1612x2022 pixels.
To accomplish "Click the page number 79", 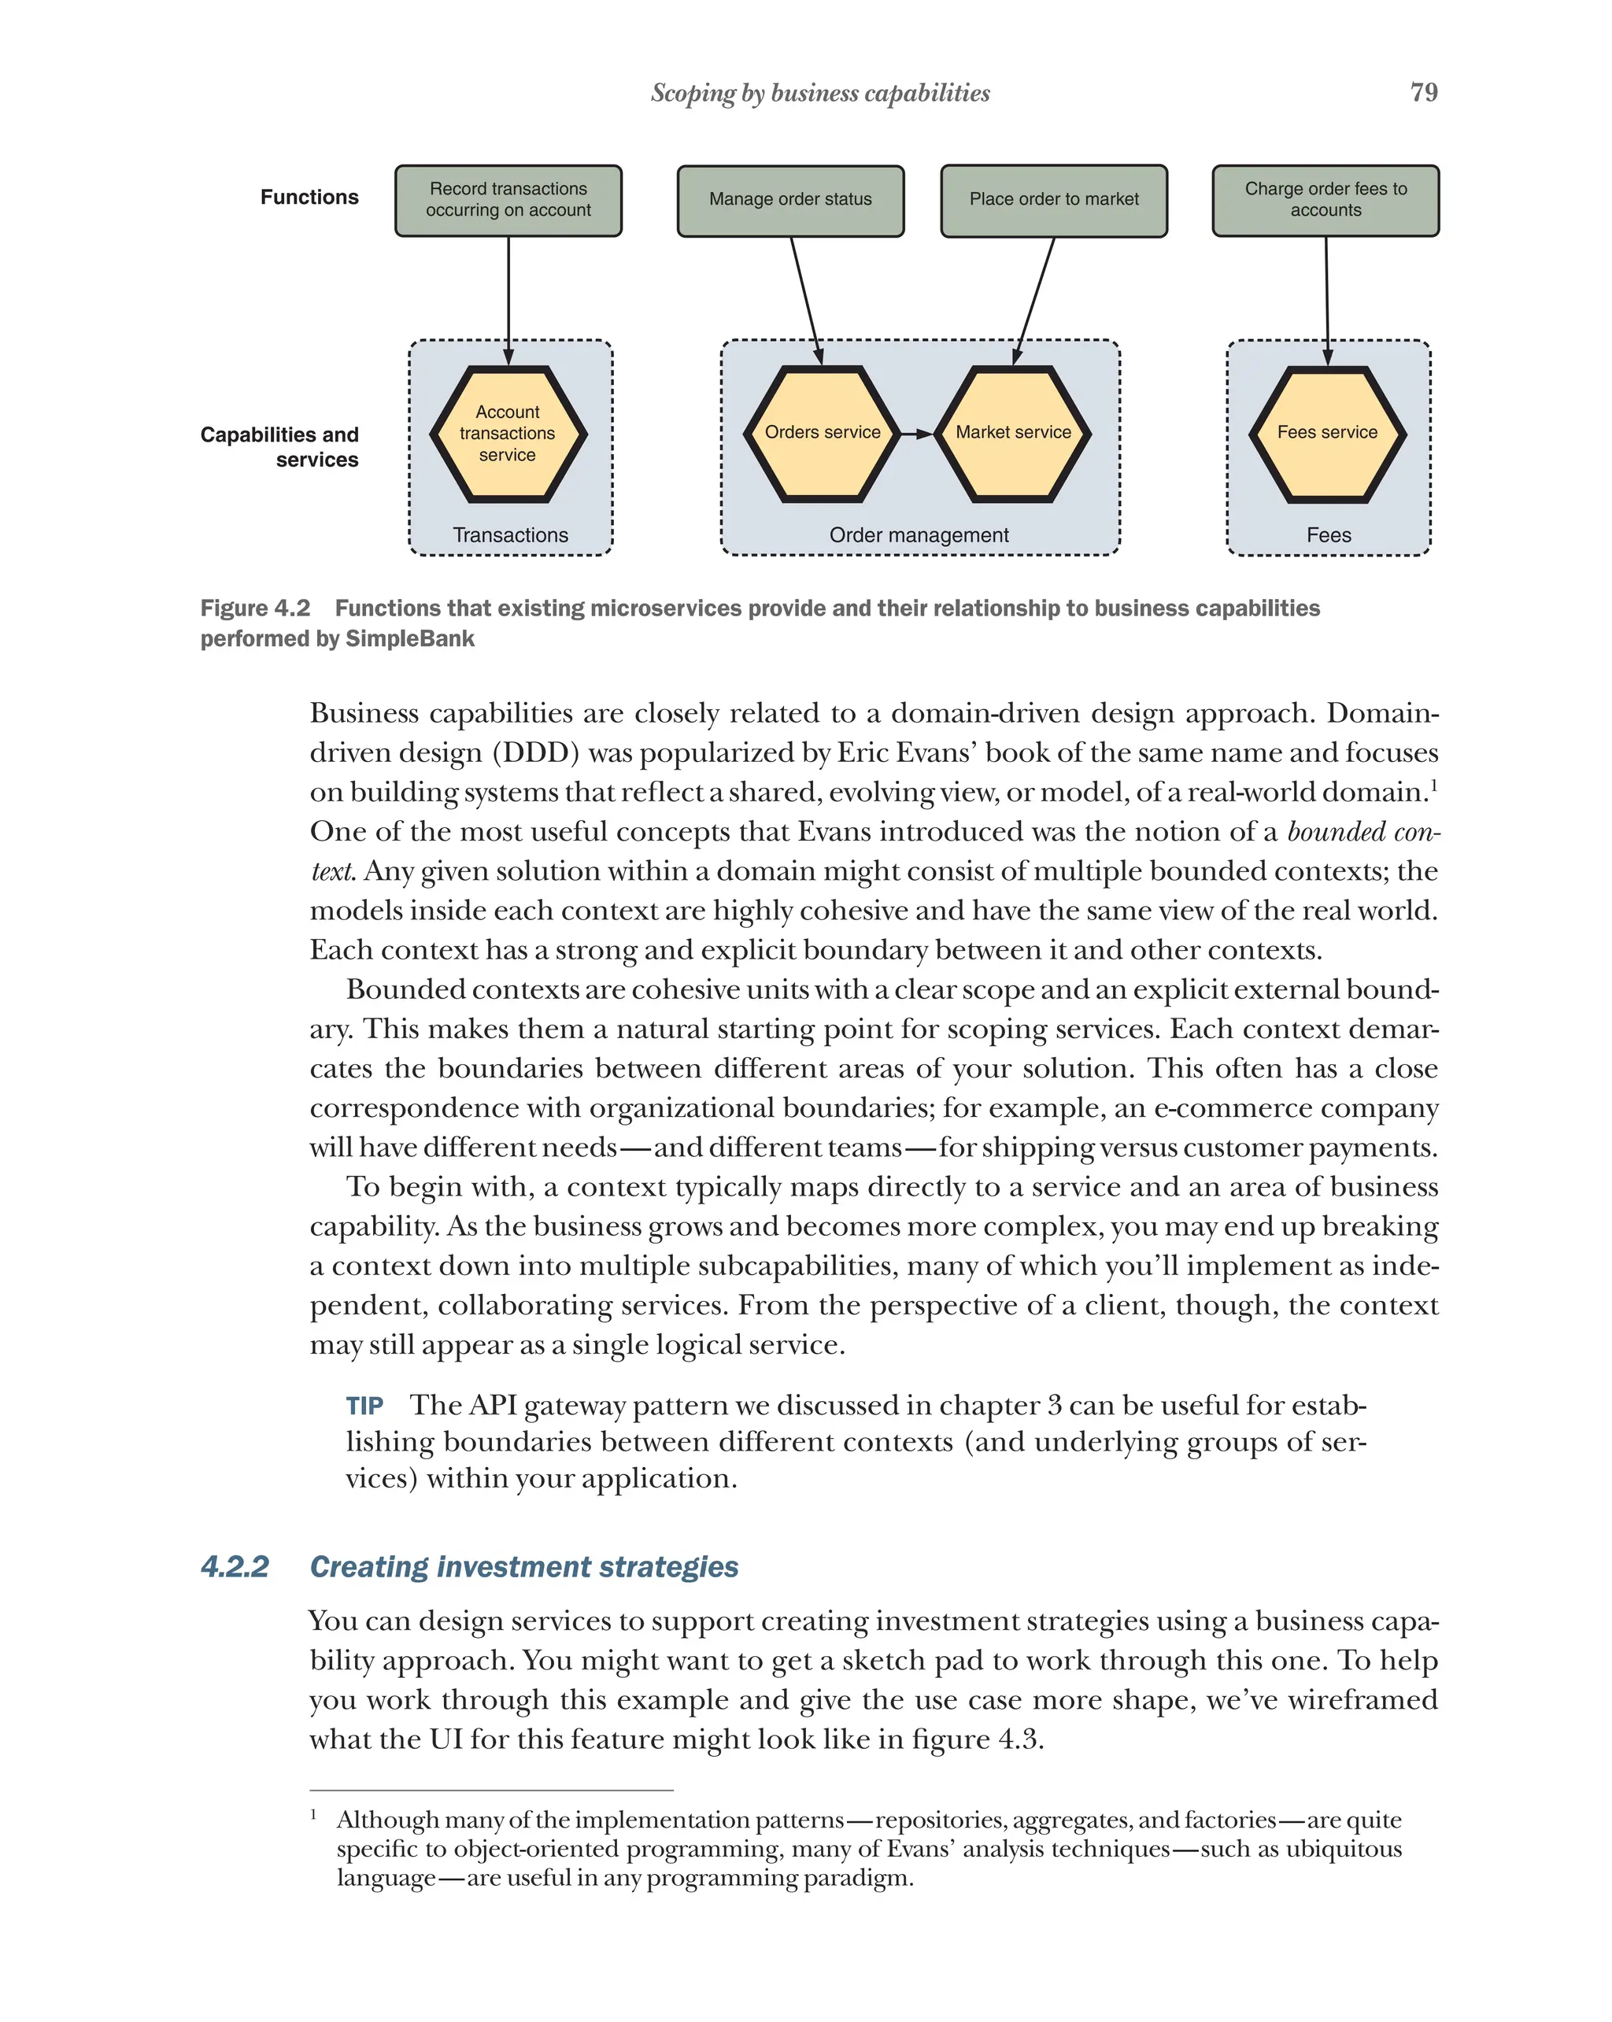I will point(1422,92).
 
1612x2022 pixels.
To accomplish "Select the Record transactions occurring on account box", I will point(508,201).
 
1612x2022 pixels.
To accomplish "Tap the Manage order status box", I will point(790,201).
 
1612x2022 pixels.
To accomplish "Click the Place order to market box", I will point(1053,201).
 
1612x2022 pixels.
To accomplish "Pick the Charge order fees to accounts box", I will point(1325,201).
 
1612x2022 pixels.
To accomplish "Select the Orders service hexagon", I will point(823,433).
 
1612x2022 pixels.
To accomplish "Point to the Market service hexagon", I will point(1013,433).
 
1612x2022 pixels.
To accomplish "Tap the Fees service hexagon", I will point(1327,433).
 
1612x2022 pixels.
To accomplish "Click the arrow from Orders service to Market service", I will point(916,434).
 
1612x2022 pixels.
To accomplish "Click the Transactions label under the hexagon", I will point(510,535).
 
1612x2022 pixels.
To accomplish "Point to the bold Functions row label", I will point(309,197).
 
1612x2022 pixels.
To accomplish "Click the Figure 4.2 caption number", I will point(255,608).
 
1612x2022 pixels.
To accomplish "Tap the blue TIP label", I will point(364,1407).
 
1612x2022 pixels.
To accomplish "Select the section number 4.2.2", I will point(235,1567).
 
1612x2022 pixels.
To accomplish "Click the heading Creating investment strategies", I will point(523,1567).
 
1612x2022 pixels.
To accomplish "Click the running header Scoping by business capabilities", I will point(819,93).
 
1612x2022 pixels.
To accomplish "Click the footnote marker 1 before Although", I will point(314,1815).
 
